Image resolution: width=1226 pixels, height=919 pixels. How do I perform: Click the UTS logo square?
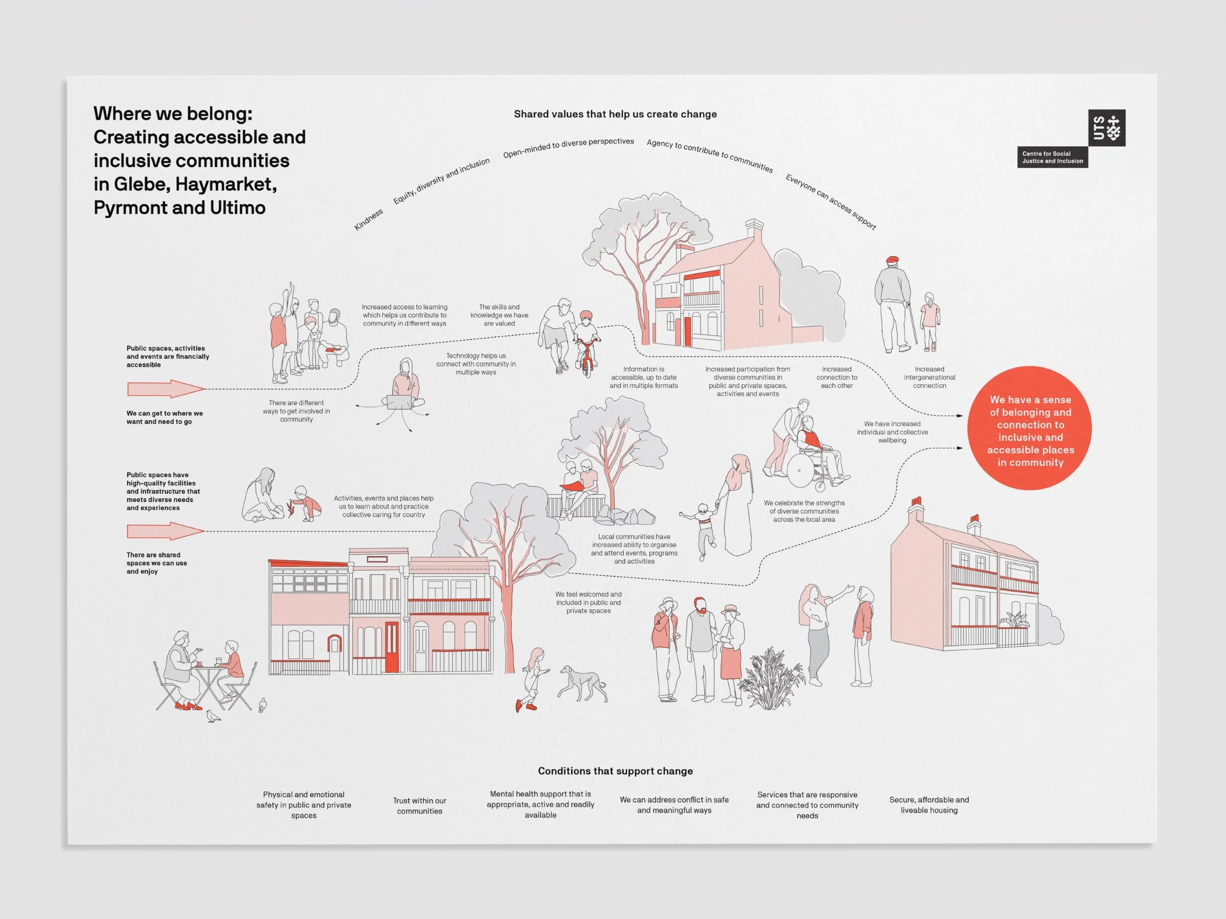1106,127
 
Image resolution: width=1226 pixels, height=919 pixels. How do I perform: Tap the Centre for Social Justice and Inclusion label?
1052,157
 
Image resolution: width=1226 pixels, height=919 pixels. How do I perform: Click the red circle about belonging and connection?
1029,428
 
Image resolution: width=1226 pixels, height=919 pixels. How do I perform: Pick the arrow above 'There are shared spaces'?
165,531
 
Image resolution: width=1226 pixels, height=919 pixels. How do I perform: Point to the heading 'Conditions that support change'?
615,771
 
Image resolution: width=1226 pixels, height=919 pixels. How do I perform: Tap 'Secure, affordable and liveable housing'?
929,805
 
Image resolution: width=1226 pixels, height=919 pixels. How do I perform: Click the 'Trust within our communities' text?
420,805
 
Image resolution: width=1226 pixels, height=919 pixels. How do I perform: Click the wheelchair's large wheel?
800,471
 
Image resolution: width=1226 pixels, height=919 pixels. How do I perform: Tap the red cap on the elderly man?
892,260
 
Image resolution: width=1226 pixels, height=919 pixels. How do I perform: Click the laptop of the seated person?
399,401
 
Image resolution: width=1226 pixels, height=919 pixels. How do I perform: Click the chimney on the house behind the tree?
754,228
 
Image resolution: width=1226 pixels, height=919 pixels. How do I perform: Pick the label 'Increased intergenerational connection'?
929,377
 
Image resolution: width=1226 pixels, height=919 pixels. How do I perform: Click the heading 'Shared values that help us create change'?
615,114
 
